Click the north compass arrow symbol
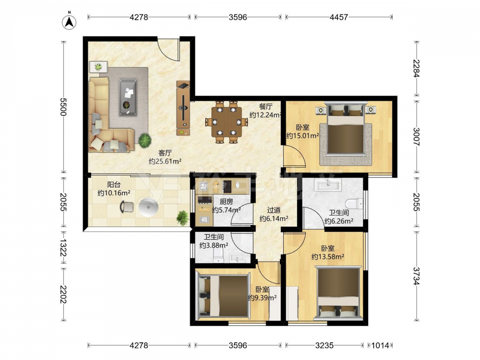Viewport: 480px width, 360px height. (x=70, y=22)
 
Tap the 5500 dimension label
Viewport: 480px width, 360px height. (x=62, y=107)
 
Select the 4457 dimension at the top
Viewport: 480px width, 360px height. (x=338, y=17)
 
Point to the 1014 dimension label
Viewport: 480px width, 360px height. (x=380, y=345)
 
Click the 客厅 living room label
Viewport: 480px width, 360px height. (x=165, y=153)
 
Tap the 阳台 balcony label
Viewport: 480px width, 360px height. (x=114, y=185)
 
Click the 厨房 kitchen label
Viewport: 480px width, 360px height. (x=226, y=202)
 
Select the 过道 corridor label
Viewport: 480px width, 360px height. (x=274, y=210)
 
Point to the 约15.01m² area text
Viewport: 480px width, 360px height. (x=302, y=136)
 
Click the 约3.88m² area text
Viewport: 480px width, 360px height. (x=214, y=245)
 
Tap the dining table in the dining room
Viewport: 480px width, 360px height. (x=227, y=122)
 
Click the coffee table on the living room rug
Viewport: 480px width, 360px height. (x=128, y=97)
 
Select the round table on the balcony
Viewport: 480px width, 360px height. (x=148, y=207)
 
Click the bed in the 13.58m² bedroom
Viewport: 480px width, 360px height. (x=338, y=293)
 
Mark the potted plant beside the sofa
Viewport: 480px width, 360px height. (x=145, y=141)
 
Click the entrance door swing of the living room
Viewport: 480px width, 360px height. (x=168, y=49)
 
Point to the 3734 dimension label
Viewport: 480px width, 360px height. (x=416, y=276)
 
